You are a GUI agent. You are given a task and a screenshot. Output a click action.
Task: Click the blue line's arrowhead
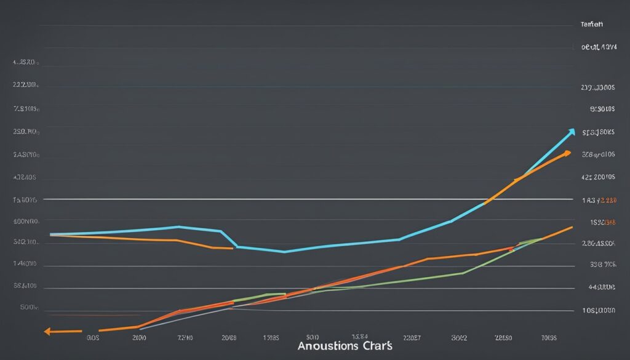(572, 131)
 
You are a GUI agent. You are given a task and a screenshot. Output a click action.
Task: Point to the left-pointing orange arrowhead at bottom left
(48, 332)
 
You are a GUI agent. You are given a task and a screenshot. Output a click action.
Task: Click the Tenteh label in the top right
(591, 25)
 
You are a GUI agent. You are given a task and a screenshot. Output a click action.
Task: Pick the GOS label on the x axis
(94, 338)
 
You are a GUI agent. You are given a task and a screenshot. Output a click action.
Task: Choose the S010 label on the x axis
(312, 337)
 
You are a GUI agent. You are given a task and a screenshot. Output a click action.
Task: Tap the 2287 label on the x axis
(412, 337)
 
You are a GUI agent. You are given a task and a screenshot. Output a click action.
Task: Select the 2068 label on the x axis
(229, 338)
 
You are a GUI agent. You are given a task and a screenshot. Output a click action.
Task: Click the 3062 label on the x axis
(459, 337)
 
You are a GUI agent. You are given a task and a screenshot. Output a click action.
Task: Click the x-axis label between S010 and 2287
(360, 337)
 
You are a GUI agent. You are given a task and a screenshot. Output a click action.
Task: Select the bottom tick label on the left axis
(29, 306)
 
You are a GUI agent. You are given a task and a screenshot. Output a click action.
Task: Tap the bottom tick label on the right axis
(599, 311)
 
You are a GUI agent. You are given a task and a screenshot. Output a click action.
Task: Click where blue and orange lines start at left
(51, 234)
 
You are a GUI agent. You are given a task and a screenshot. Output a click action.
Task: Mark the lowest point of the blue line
(284, 252)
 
